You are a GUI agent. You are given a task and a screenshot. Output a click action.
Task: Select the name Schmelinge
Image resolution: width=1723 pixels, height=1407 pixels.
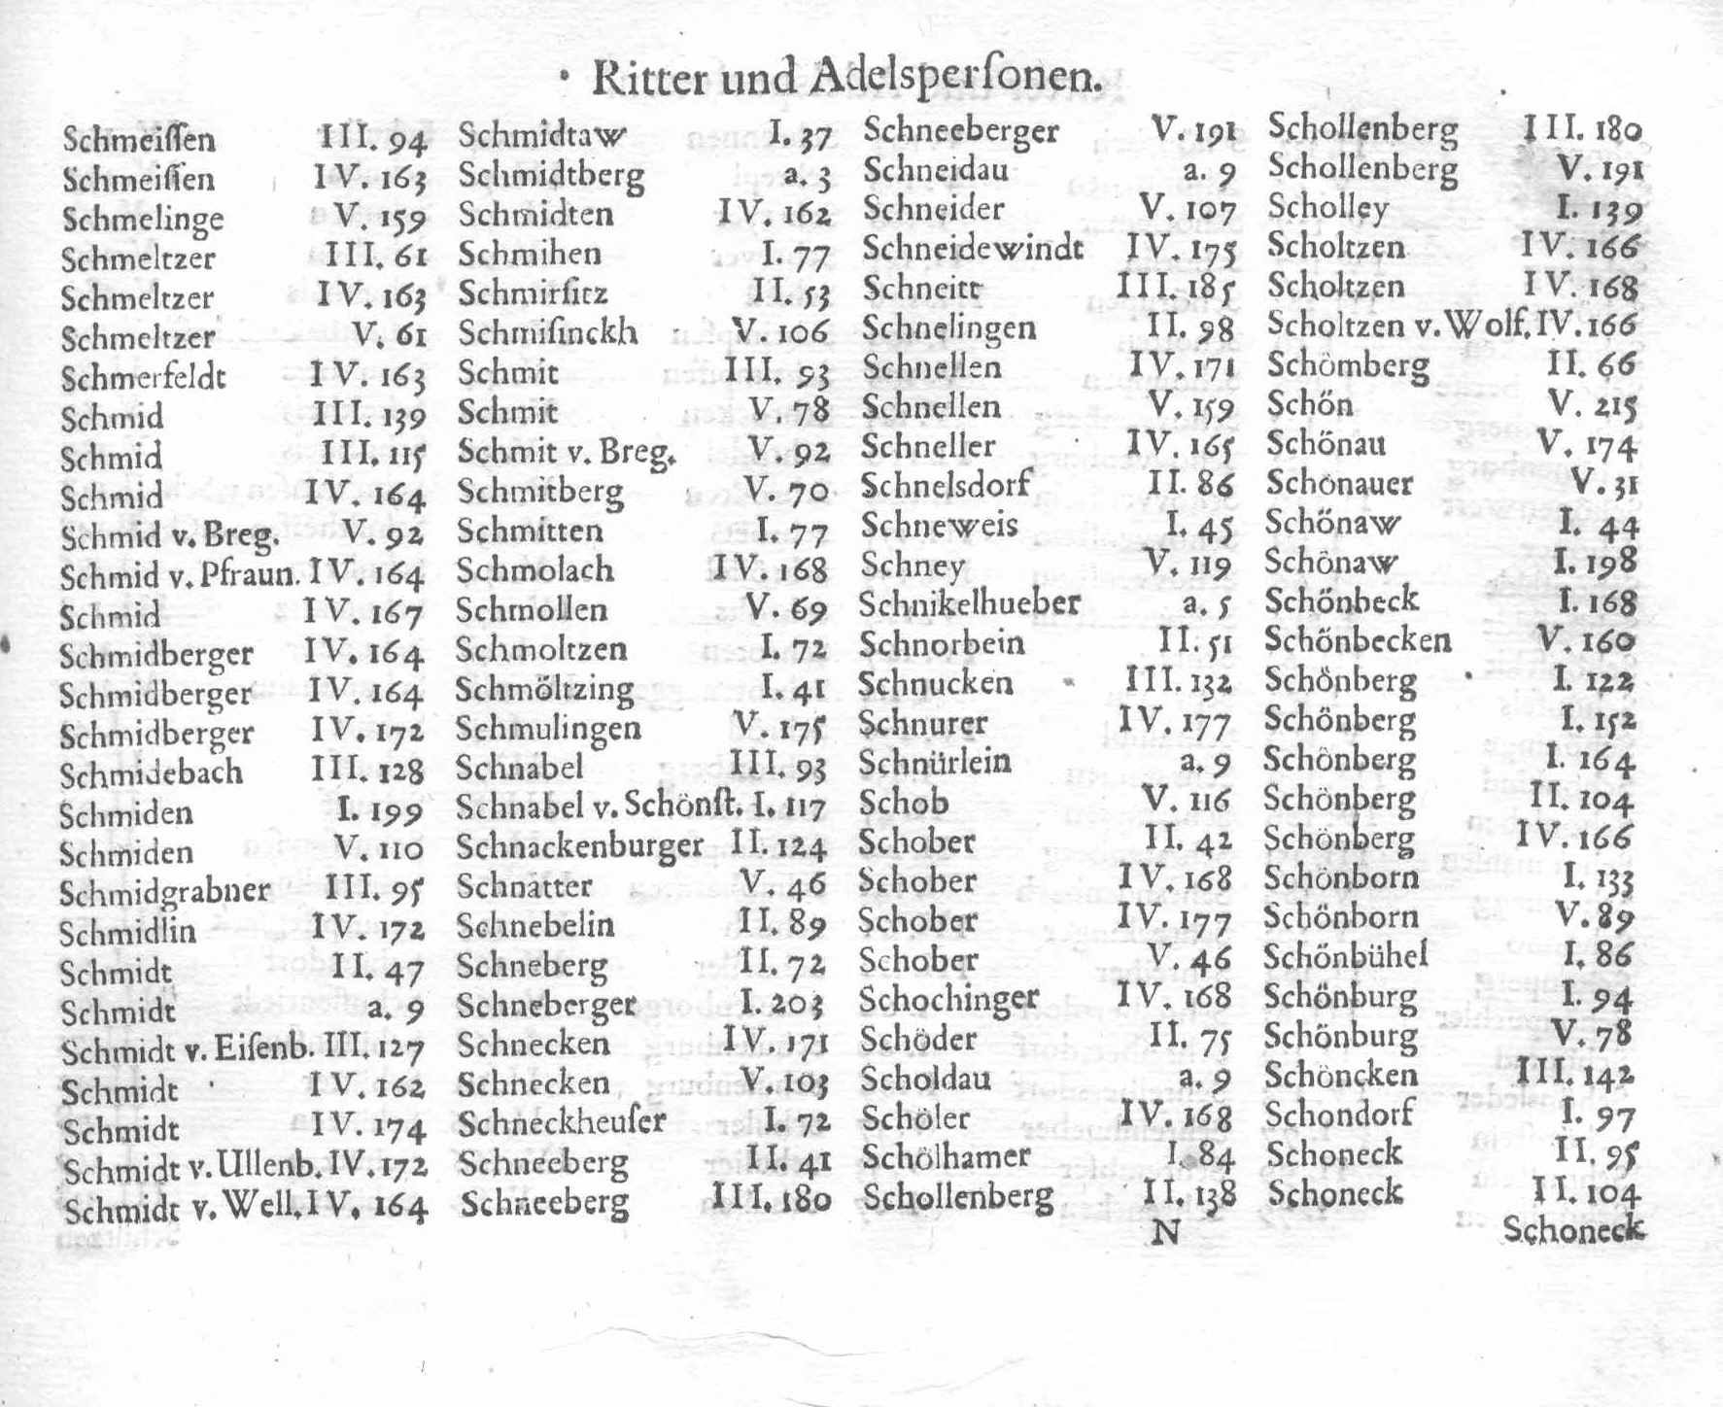click(142, 219)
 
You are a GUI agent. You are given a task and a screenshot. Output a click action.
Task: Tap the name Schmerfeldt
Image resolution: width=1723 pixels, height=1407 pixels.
click(143, 376)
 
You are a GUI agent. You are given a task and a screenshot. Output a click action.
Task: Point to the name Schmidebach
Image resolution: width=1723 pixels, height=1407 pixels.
click(151, 773)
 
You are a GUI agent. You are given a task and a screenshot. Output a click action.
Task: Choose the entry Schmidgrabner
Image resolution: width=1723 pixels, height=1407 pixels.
click(164, 892)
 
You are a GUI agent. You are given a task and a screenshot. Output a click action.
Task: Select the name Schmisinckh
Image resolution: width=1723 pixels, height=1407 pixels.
click(548, 332)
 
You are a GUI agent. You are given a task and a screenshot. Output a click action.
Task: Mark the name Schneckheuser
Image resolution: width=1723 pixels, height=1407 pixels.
click(562, 1122)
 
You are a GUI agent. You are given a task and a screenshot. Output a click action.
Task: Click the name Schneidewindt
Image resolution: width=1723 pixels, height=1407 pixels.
click(973, 249)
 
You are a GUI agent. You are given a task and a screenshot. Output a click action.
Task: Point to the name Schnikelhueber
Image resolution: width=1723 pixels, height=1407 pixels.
click(969, 603)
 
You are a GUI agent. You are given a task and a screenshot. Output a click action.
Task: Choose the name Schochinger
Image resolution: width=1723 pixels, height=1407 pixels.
click(949, 999)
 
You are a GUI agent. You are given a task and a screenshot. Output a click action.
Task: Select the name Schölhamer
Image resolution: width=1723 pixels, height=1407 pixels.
click(946, 1156)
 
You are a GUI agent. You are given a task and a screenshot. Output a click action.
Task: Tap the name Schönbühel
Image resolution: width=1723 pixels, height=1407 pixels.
click(1345, 956)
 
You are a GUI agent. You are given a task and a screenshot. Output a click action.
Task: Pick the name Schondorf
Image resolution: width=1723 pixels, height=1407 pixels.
click(1338, 1115)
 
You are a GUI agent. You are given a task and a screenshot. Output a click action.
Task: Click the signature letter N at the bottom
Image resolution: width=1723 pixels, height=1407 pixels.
click(1164, 1232)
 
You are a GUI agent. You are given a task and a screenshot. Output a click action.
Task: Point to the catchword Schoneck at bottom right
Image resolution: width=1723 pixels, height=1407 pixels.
click(1573, 1230)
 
